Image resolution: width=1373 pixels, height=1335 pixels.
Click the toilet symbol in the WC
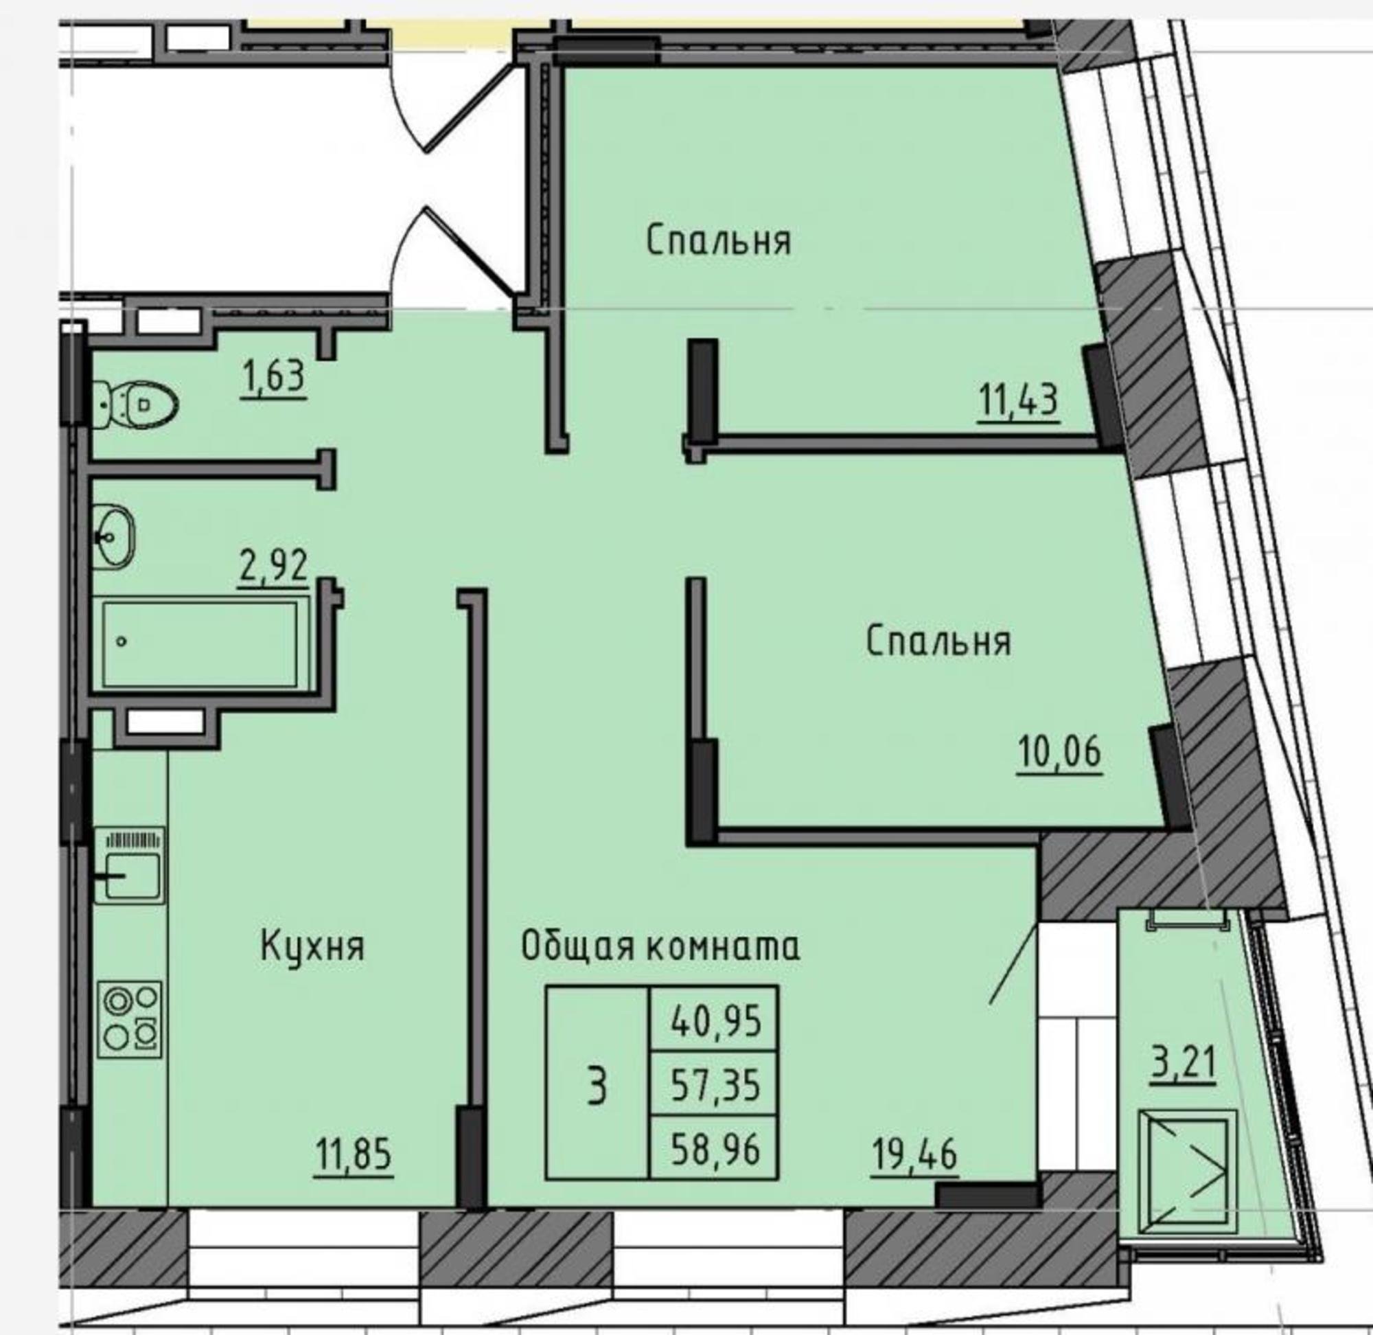[135, 404]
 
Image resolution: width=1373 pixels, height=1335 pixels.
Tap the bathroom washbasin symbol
[114, 537]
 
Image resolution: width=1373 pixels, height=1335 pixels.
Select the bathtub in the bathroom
[200, 643]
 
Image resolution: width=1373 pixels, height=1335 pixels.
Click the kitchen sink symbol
[130, 865]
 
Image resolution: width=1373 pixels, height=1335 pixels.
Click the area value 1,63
[273, 377]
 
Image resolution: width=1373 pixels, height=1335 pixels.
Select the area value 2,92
[273, 567]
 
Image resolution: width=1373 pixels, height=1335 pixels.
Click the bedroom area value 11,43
[1018, 402]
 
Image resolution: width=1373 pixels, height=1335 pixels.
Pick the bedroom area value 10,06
[1060, 753]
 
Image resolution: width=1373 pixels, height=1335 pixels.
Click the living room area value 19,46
[914, 1155]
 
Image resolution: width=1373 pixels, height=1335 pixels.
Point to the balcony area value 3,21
[1182, 1063]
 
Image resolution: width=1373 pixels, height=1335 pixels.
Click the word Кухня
[312, 946]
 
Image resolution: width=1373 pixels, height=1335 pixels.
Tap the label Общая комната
[660, 946]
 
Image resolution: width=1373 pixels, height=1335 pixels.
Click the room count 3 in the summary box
[597, 1088]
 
